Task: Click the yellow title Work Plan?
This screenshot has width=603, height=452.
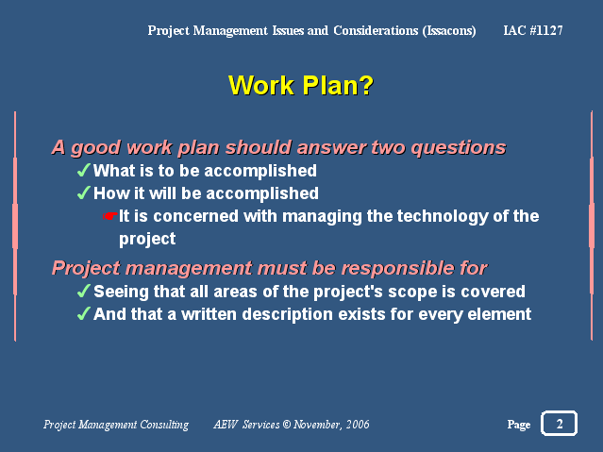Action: [301, 85]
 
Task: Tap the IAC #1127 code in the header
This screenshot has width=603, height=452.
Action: [533, 30]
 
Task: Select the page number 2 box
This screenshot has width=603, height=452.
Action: [560, 423]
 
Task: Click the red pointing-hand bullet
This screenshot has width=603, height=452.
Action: [110, 216]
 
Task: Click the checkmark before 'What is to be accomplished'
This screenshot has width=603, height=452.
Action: [83, 170]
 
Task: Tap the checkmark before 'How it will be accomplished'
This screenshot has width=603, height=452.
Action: [83, 193]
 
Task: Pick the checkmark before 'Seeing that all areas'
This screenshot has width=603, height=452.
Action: [83, 291]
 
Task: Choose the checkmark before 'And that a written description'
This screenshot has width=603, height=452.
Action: [83, 313]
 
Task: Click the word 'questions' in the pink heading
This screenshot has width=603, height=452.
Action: [459, 148]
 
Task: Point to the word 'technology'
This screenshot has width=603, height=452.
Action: [427, 217]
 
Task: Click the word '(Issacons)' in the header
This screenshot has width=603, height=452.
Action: [449, 31]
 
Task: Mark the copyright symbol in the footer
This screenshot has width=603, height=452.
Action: [287, 425]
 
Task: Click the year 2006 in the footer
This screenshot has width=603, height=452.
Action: [358, 425]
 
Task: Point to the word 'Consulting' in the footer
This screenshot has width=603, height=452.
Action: [164, 425]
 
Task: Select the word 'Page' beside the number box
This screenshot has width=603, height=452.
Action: [519, 425]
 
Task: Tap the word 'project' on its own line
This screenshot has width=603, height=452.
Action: [147, 240]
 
